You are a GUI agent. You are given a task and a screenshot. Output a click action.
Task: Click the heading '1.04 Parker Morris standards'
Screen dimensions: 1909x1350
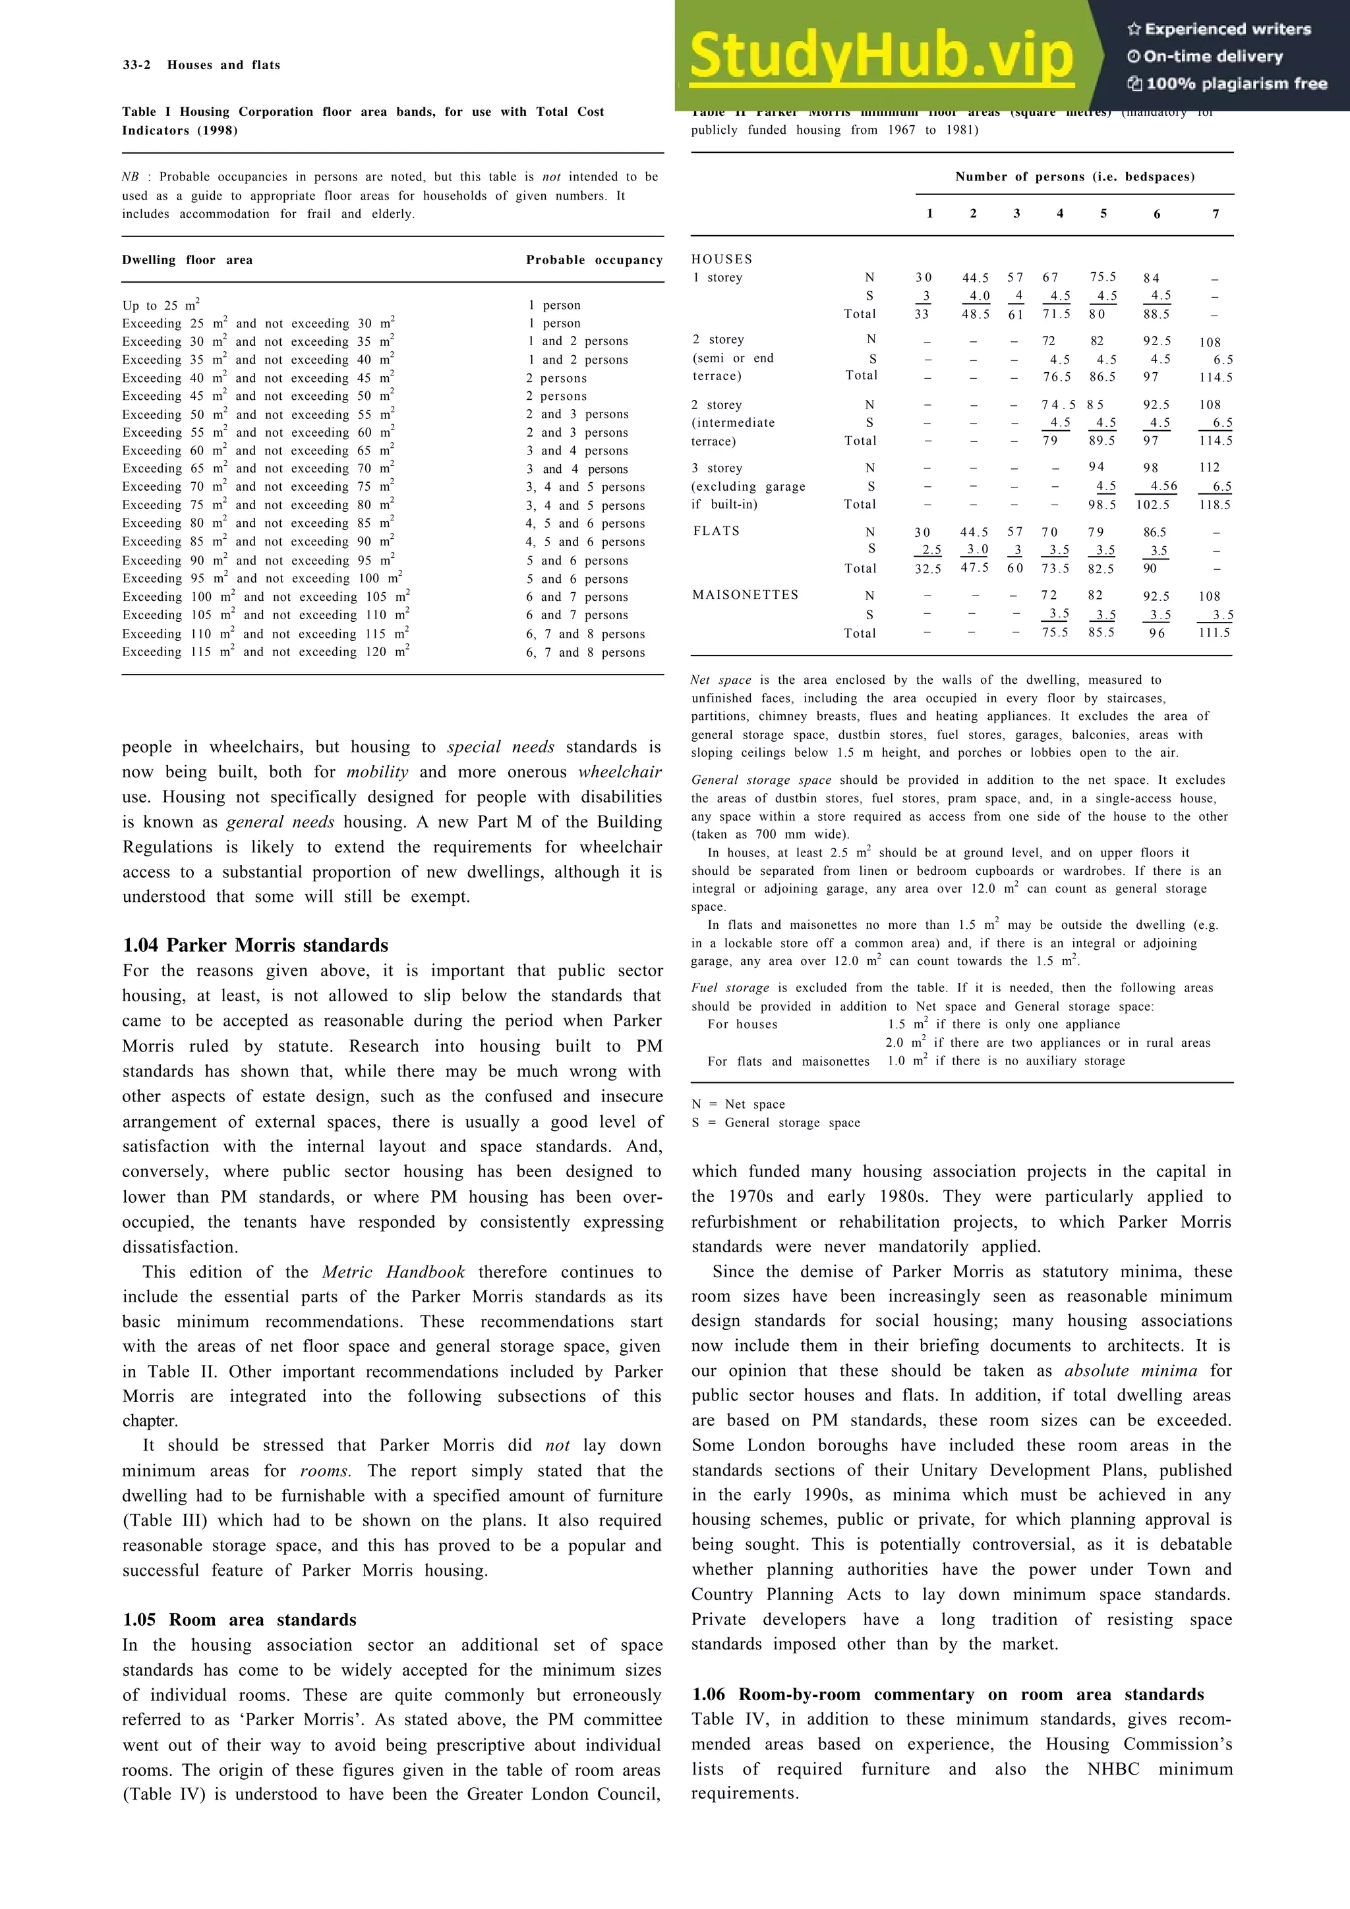[x=255, y=945]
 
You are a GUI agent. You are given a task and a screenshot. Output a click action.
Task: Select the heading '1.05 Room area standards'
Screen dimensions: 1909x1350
[x=239, y=1620]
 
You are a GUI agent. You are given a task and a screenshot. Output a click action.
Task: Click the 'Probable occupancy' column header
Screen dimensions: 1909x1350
[x=594, y=260]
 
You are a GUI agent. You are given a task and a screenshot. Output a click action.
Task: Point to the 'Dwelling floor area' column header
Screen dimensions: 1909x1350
[x=187, y=260]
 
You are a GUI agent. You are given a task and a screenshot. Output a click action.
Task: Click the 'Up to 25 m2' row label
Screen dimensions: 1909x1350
[x=161, y=305]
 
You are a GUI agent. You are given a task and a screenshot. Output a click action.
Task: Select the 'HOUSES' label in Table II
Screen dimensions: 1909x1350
[x=721, y=260]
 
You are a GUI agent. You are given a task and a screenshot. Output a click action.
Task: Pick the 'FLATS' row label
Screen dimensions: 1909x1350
[x=716, y=532]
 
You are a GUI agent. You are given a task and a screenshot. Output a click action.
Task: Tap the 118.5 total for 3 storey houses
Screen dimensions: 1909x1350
[x=1214, y=505]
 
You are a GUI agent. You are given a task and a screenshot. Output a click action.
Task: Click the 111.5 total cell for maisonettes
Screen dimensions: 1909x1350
[x=1214, y=633]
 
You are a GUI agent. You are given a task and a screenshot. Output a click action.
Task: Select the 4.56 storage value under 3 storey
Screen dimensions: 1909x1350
[x=1163, y=486]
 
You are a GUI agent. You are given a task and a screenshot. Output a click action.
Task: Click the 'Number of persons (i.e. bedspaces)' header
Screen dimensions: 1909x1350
[x=1074, y=177]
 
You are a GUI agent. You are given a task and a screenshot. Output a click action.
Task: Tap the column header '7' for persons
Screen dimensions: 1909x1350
[x=1216, y=213]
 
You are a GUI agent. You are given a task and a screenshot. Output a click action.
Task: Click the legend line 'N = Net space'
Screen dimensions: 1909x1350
[x=738, y=1104]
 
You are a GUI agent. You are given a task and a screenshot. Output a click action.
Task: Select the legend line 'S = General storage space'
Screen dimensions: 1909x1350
[x=775, y=1122]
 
